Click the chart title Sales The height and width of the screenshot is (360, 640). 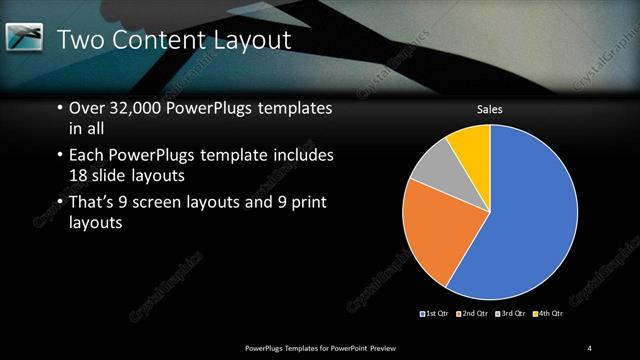click(x=489, y=109)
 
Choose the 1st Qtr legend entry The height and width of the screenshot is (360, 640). click(x=434, y=314)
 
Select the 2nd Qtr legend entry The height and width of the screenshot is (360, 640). click(x=472, y=314)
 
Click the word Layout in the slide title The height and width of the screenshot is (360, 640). click(x=249, y=41)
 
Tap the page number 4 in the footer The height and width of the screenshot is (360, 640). click(x=590, y=347)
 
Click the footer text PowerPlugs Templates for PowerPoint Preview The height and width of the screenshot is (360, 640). click(x=329, y=347)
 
